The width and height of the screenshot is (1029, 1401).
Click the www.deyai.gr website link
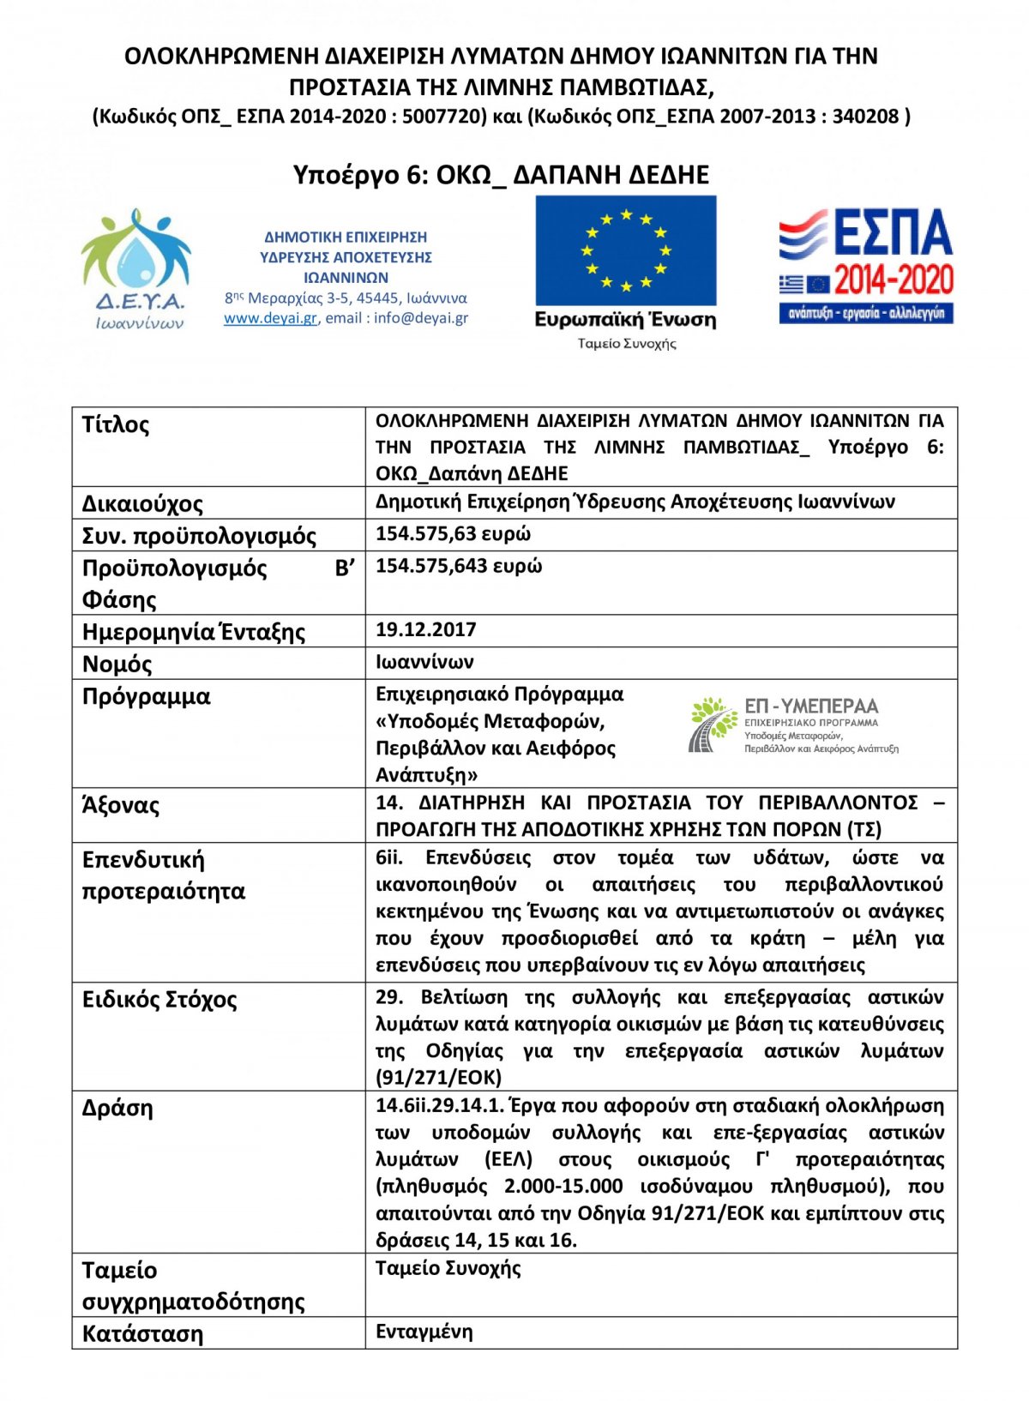270,318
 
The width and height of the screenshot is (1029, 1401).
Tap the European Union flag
626,250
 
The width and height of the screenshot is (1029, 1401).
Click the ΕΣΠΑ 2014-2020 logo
866,265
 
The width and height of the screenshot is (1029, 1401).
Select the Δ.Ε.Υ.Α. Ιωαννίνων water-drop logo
136,268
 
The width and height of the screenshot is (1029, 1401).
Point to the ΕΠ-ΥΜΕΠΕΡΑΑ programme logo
793,725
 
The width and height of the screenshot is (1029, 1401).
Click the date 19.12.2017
425,629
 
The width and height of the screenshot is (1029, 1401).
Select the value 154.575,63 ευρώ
453,533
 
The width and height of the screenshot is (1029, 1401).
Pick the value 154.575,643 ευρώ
459,566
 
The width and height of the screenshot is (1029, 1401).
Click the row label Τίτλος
116,424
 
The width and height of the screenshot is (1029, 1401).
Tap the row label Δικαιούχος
142,503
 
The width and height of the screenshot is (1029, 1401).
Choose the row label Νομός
117,664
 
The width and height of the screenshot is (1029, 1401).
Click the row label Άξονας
121,805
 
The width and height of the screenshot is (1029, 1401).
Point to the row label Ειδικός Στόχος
159,999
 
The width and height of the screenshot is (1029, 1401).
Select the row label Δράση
117,1108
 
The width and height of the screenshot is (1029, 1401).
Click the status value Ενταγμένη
424,1332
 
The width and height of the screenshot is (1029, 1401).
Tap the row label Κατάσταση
142,1334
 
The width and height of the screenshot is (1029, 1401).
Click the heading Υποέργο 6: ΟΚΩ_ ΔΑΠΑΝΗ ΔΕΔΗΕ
501,175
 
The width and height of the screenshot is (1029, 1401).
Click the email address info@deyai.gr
421,318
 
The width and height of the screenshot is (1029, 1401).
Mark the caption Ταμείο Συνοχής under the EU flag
627,344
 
